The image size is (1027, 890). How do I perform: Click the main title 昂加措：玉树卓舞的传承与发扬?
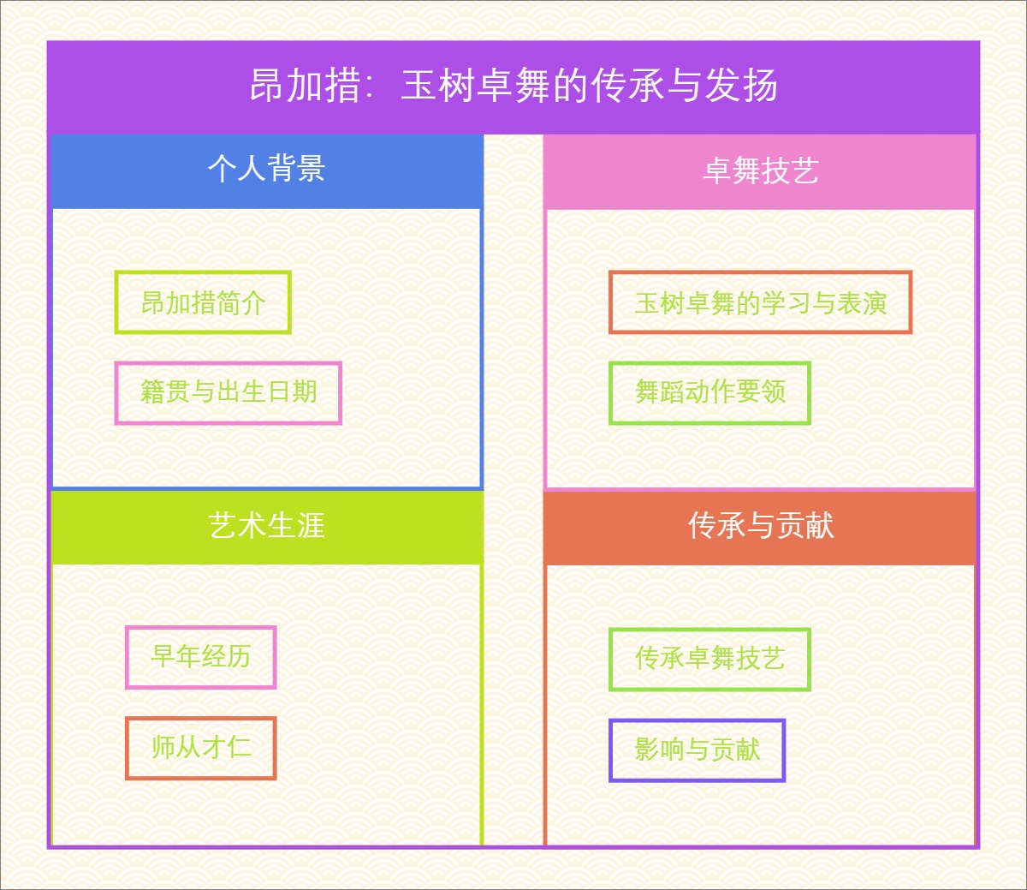[x=513, y=86]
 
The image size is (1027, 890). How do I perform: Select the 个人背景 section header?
[x=266, y=169]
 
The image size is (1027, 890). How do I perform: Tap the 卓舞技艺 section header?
[x=760, y=170]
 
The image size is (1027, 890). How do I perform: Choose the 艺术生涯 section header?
[x=266, y=525]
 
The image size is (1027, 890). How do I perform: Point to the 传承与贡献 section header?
[x=760, y=525]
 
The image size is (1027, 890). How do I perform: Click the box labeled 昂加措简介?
[x=203, y=302]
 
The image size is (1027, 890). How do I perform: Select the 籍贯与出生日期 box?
[x=229, y=392]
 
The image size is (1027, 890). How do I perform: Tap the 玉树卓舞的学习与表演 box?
[x=760, y=302]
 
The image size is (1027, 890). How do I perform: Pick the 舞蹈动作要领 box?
[x=709, y=392]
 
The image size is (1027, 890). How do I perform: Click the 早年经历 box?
[x=201, y=657]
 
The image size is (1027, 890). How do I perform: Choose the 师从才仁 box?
[x=201, y=748]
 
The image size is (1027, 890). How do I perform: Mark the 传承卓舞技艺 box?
[x=709, y=659]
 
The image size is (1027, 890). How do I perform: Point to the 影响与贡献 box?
[x=697, y=750]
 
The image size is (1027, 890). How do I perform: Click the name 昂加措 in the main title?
[x=305, y=86]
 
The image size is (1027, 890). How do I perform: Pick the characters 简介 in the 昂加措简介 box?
[x=241, y=302]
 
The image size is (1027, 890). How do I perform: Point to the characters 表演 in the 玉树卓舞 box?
[x=862, y=302]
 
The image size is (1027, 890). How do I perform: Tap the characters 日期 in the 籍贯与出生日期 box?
[x=292, y=392]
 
